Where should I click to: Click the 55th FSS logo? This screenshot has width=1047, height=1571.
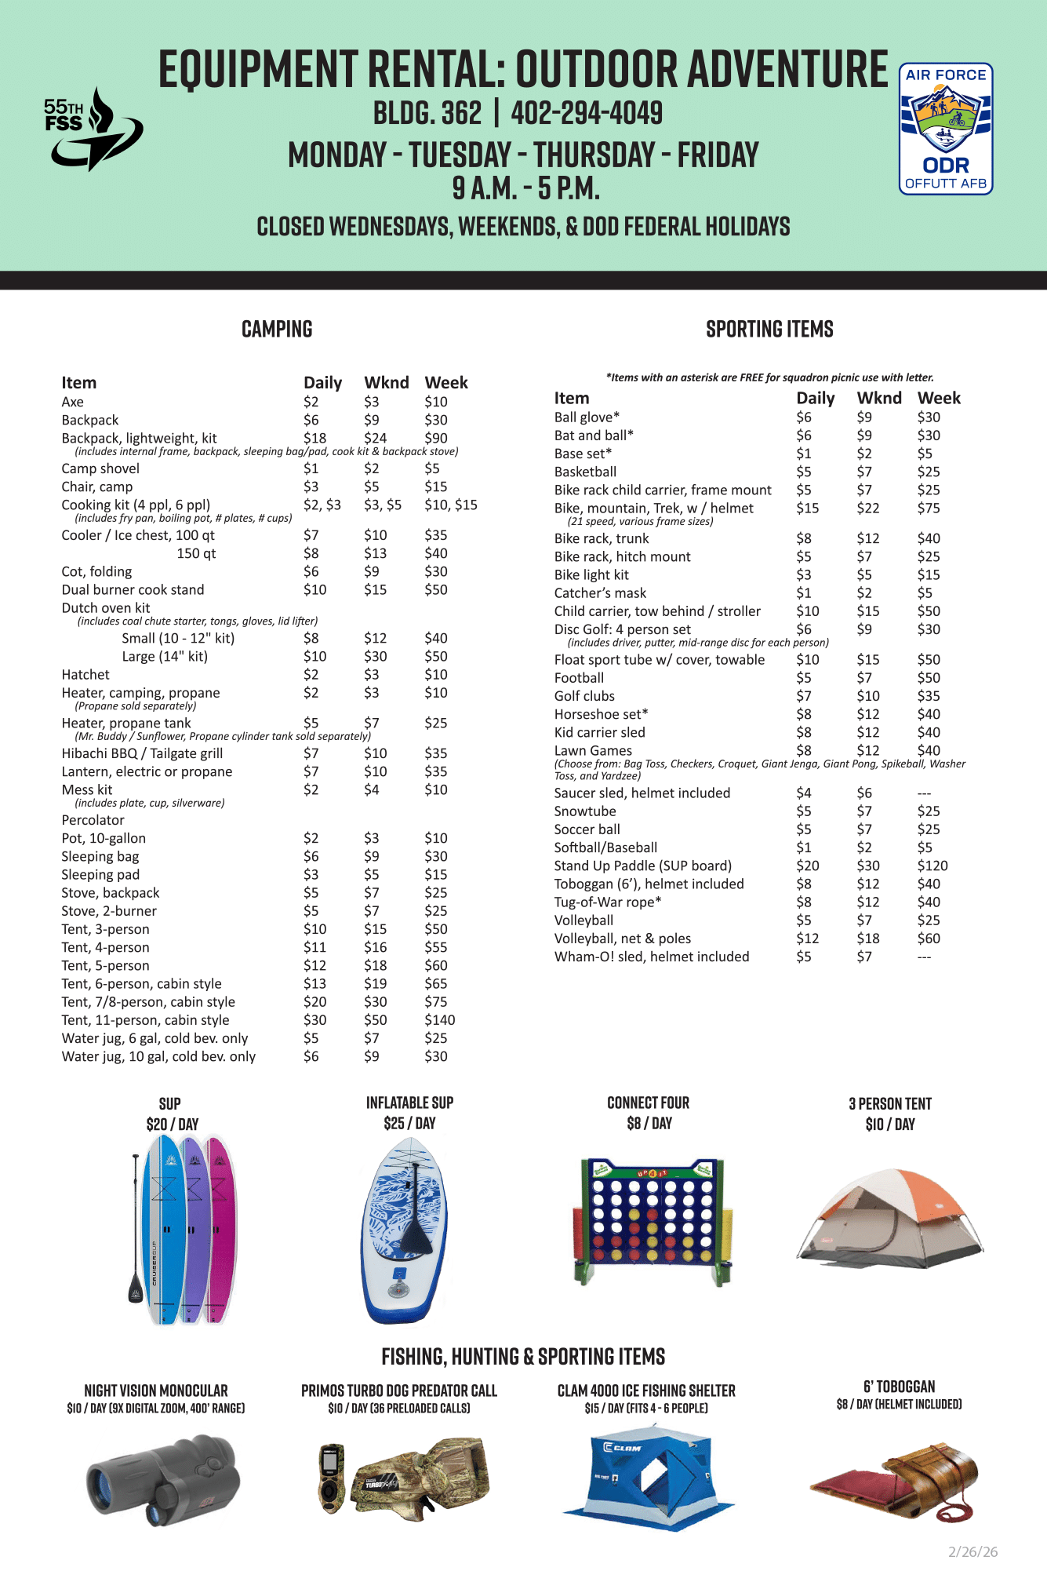pos(92,129)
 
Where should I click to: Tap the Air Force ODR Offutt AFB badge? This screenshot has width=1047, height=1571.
pos(946,129)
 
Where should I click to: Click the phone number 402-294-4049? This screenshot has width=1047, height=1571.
pos(587,114)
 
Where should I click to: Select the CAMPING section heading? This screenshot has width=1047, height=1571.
pos(277,330)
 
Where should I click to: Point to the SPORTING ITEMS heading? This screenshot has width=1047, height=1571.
pos(769,330)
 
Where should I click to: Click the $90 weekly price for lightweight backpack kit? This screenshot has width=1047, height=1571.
pos(436,438)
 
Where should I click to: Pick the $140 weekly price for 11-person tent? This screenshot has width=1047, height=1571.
pos(439,1020)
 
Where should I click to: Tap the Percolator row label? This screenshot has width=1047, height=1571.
pos(93,820)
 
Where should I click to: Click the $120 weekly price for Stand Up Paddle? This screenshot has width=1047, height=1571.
pos(932,866)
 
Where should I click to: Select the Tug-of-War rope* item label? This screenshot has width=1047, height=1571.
pos(607,902)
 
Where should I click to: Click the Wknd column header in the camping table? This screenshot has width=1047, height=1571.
pos(386,383)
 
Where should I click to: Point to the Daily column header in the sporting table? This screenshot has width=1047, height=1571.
pos(815,399)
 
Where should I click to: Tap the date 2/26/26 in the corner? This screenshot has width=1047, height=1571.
pos(972,1552)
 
